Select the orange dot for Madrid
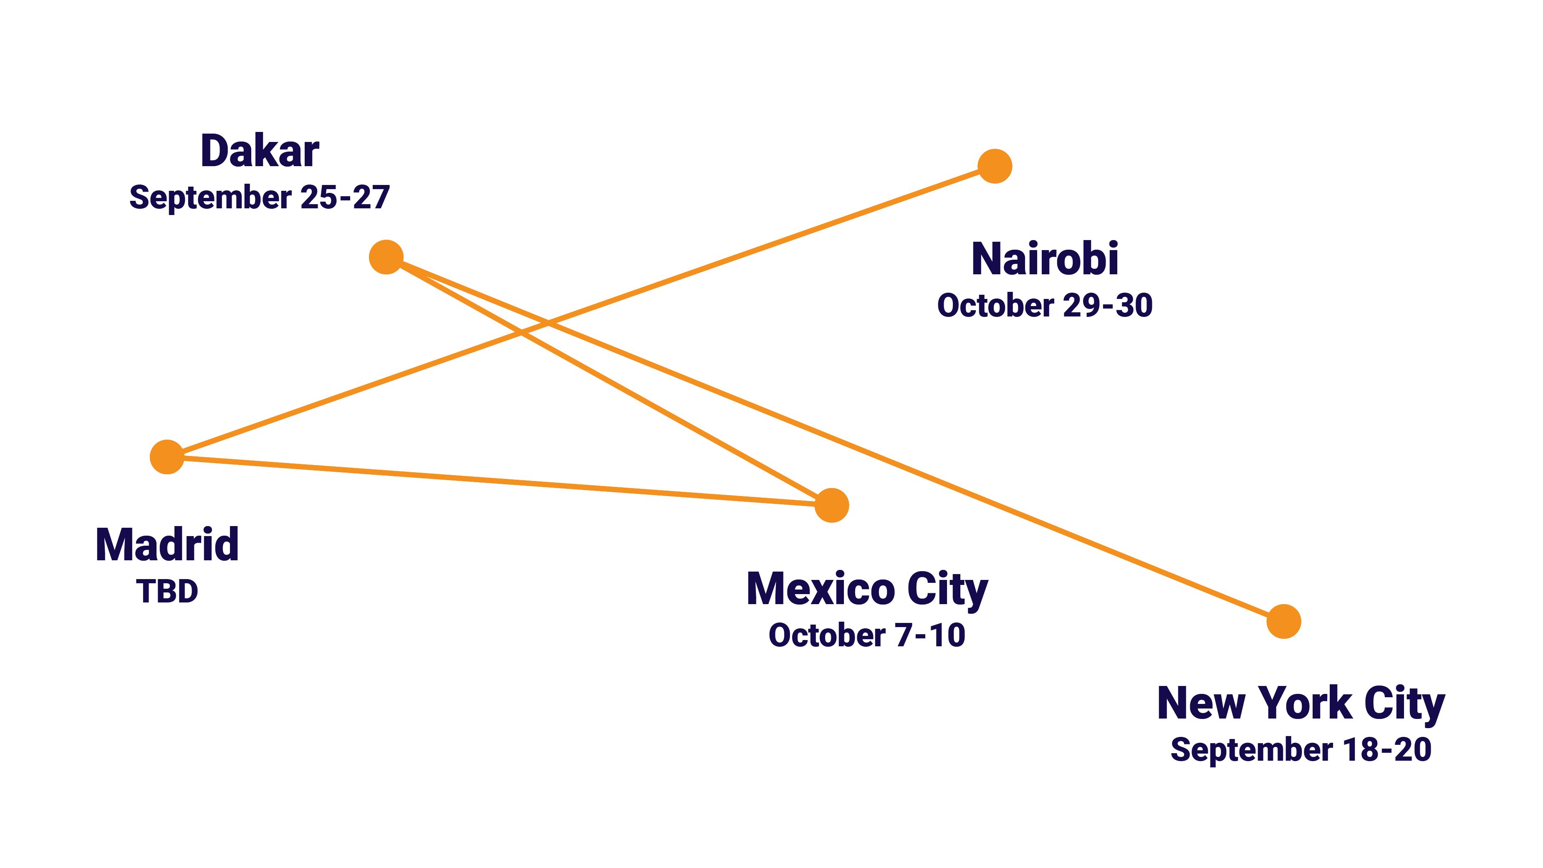167,457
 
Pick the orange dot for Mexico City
831,506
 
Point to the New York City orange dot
1284,622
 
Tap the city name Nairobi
1045,259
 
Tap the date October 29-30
1045,306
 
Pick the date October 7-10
867,635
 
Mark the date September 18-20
1301,749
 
